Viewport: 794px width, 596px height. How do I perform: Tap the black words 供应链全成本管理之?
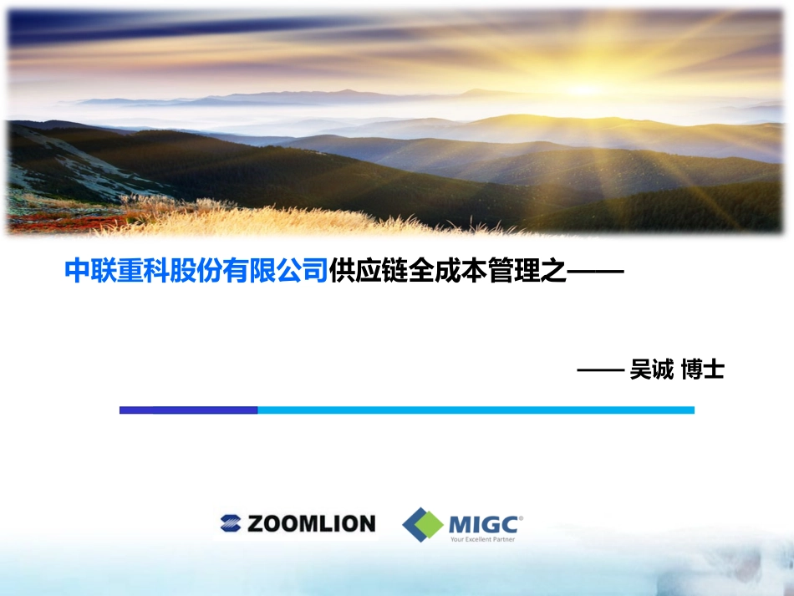tap(447, 272)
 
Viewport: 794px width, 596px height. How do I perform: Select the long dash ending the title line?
tap(596, 272)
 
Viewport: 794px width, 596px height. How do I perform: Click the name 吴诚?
tap(652, 369)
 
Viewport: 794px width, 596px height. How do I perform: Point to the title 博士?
tap(702, 369)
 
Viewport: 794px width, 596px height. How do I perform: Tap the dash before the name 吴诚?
tap(601, 369)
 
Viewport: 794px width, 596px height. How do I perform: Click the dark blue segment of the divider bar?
tap(188, 410)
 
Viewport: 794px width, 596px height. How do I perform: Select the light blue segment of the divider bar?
tap(476, 410)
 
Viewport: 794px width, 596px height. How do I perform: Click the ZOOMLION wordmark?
tap(310, 524)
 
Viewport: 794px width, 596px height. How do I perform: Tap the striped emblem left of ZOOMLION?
tap(230, 524)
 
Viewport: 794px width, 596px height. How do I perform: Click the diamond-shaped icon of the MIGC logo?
tap(423, 525)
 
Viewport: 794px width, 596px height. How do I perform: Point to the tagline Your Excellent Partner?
tap(482, 539)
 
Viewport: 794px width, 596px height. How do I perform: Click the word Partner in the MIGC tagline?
tap(502, 539)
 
